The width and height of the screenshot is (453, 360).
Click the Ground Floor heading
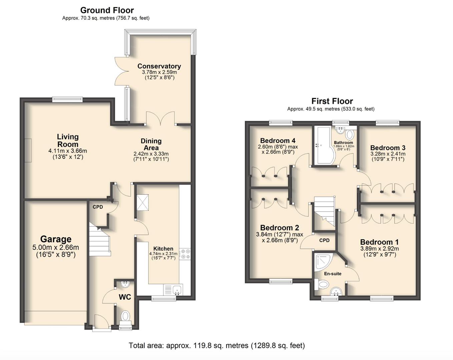click(x=107, y=10)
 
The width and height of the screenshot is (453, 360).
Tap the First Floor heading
click(x=332, y=101)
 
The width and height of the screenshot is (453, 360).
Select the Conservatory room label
click(x=159, y=66)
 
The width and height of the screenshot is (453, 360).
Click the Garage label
click(x=56, y=239)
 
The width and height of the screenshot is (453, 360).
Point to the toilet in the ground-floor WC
click(x=125, y=316)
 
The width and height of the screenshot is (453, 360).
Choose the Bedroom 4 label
click(x=278, y=141)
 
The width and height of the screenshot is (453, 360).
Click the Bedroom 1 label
click(x=379, y=242)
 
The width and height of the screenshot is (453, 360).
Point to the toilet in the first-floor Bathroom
click(x=349, y=135)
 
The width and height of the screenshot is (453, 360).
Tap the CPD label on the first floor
click(x=324, y=240)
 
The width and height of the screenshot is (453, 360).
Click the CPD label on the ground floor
click(x=98, y=207)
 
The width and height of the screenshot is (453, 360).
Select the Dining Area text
click(x=151, y=144)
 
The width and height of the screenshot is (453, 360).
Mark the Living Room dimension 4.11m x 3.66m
click(x=68, y=151)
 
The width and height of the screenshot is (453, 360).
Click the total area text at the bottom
click(x=217, y=346)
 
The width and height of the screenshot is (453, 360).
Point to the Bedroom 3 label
click(x=388, y=148)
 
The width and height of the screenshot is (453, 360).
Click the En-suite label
click(x=333, y=274)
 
